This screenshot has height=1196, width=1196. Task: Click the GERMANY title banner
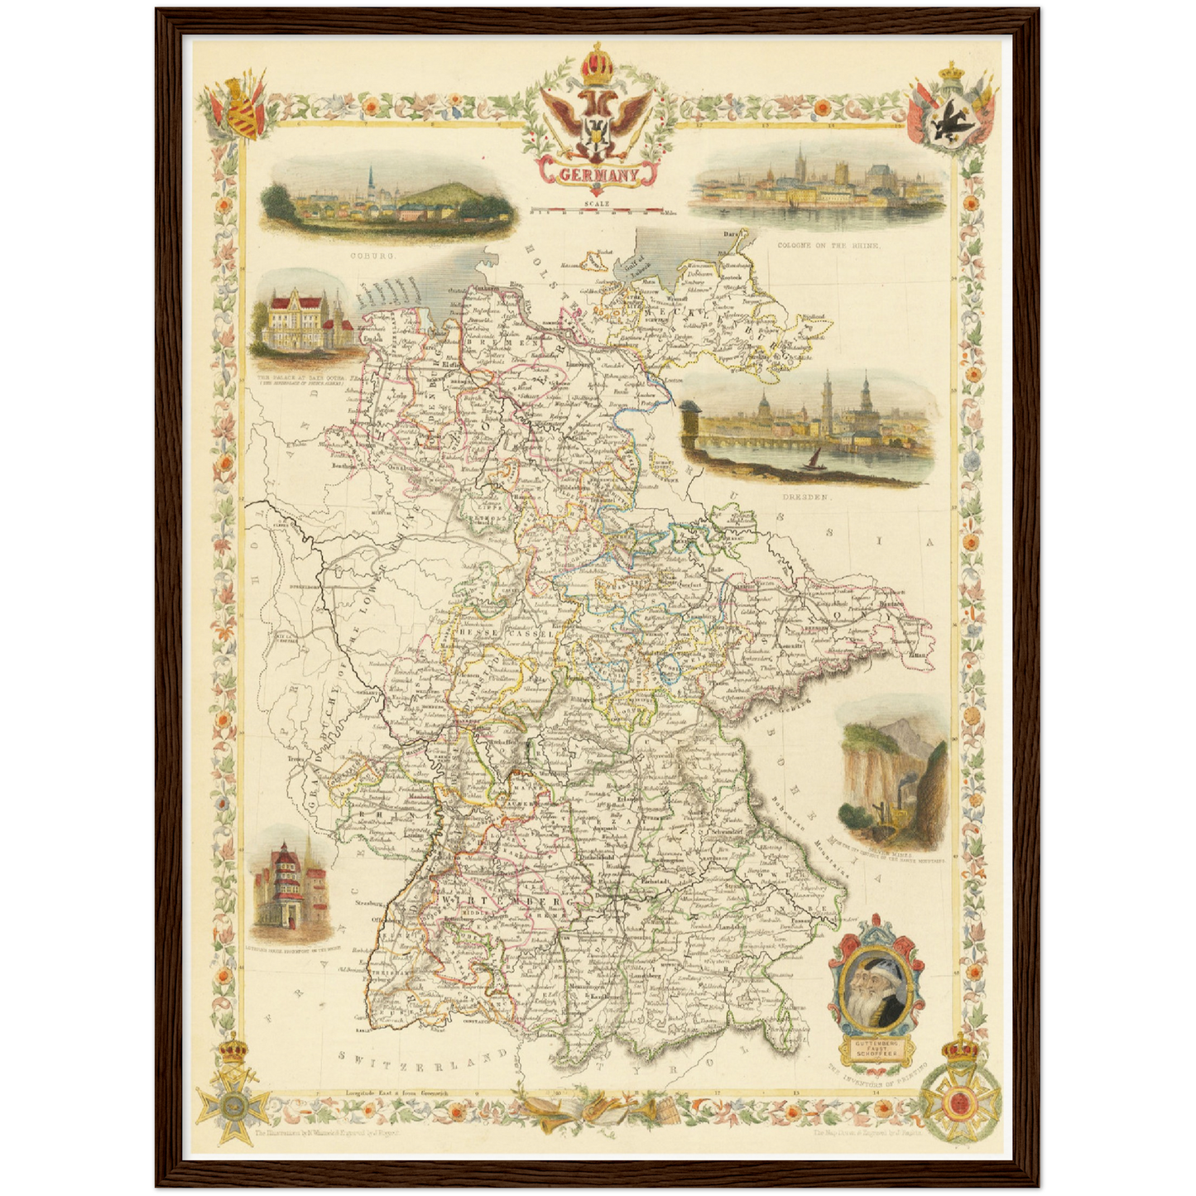598,175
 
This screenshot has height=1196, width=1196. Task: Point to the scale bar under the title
596,211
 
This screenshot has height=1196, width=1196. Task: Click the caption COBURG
373,257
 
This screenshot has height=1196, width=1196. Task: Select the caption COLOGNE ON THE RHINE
829,246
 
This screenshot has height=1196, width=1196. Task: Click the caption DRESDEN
805,497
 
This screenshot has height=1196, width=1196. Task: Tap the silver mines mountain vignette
892,774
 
